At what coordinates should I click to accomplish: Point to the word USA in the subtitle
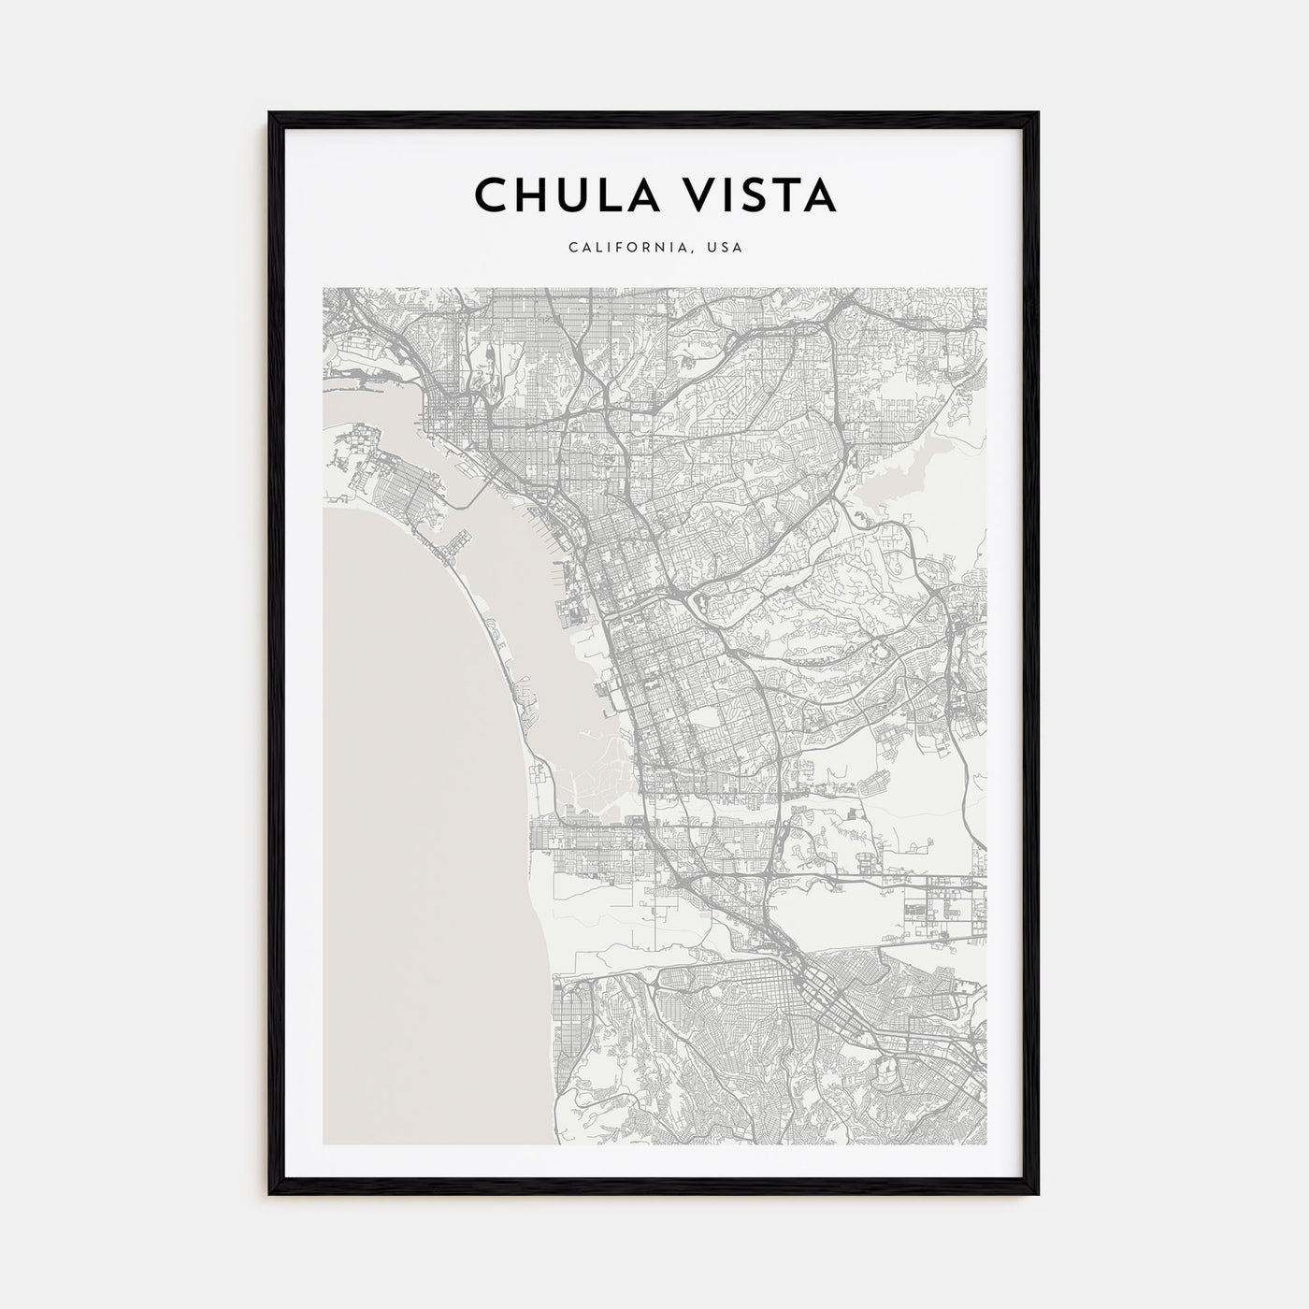(x=726, y=248)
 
